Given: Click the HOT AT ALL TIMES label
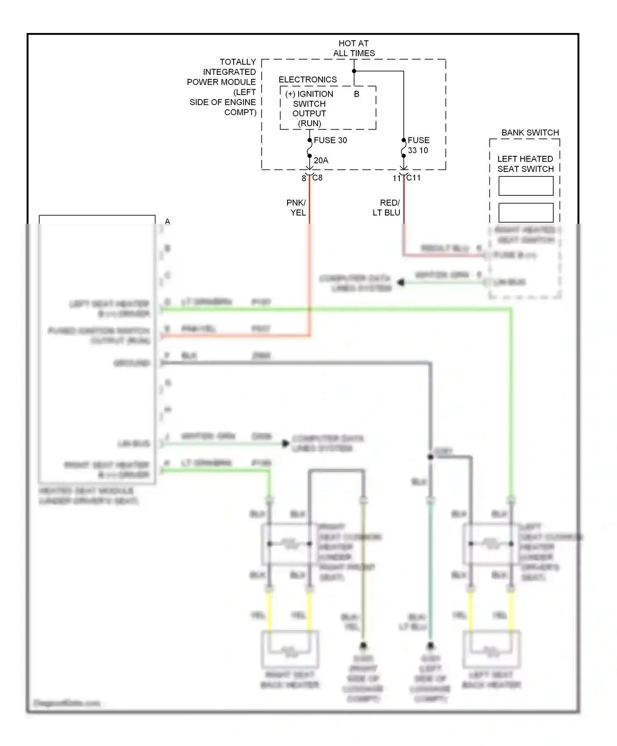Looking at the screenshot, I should [354, 48].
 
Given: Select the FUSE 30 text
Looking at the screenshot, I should [330, 140].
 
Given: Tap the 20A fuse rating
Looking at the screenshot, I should [321, 160].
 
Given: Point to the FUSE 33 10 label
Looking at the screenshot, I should [418, 145].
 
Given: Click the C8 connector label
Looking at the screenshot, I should [317, 178].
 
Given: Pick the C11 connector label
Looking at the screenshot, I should [413, 178].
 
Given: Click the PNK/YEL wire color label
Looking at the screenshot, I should [297, 208].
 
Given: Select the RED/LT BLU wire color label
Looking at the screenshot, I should [387, 208].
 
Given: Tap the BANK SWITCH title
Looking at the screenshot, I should [530, 132].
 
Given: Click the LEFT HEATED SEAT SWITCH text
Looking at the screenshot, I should [525, 164].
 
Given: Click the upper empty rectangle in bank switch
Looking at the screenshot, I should [526, 186].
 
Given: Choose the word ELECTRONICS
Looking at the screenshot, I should [307, 79].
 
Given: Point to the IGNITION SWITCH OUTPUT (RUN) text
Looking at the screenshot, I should [309, 109].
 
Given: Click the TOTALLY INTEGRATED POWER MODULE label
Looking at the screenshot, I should [222, 87].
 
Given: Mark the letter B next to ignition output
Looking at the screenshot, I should [357, 94].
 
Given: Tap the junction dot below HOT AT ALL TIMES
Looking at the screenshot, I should [354, 71].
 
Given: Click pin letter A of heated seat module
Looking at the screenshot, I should [167, 221].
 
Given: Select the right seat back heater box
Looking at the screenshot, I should [290, 649].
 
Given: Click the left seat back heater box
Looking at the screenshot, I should [491, 649].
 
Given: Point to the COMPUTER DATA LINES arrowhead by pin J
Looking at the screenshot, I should [285, 443].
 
